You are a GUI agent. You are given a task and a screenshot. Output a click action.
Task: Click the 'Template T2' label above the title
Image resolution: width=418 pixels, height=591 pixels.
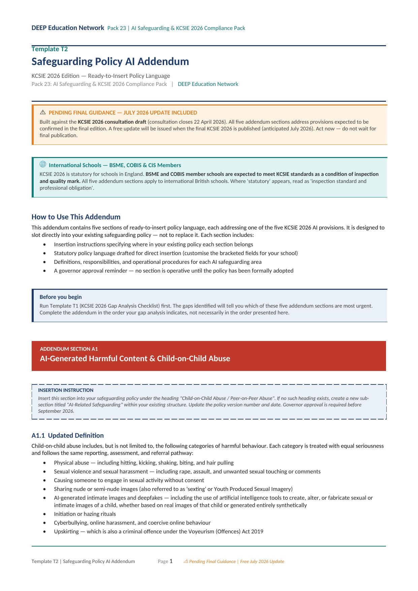tap(50, 49)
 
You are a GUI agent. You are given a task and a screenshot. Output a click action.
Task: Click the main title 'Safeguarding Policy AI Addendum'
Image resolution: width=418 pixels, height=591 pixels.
tap(110, 62)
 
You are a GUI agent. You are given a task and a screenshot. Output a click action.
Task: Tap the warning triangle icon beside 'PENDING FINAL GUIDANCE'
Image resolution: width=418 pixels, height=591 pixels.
tap(43, 112)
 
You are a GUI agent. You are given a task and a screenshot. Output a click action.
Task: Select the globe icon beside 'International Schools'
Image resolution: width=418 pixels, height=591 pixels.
tap(43, 164)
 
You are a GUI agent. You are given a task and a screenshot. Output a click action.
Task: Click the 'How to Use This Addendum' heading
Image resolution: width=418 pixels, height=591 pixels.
tap(76, 217)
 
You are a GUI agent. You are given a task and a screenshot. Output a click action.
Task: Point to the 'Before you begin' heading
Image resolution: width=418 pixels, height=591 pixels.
tap(61, 297)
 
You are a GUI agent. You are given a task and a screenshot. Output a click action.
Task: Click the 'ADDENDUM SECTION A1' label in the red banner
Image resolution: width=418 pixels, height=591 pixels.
tap(69, 349)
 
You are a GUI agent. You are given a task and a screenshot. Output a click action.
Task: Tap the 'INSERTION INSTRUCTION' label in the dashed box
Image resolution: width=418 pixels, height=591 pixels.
tap(66, 390)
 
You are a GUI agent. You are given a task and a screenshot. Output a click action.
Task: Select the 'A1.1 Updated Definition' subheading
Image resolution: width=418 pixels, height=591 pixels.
tap(67, 435)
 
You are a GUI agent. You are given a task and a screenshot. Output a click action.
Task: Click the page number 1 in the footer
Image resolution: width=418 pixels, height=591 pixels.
tap(171, 561)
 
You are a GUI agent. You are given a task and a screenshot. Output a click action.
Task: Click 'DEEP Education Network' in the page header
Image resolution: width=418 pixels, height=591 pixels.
tap(68, 28)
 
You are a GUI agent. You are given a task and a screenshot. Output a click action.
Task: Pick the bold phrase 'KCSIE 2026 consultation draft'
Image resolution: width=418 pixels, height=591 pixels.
tap(112, 122)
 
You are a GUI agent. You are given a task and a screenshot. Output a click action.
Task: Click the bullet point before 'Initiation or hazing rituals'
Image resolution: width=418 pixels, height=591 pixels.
tap(44, 514)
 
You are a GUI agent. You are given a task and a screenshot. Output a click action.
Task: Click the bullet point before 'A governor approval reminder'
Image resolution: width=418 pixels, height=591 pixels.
tap(44, 271)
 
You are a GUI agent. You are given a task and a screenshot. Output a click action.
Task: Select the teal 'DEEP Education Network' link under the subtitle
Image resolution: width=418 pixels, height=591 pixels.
tap(208, 84)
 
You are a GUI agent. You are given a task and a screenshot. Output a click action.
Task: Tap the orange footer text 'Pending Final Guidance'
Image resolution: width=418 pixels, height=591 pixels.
tap(212, 561)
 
